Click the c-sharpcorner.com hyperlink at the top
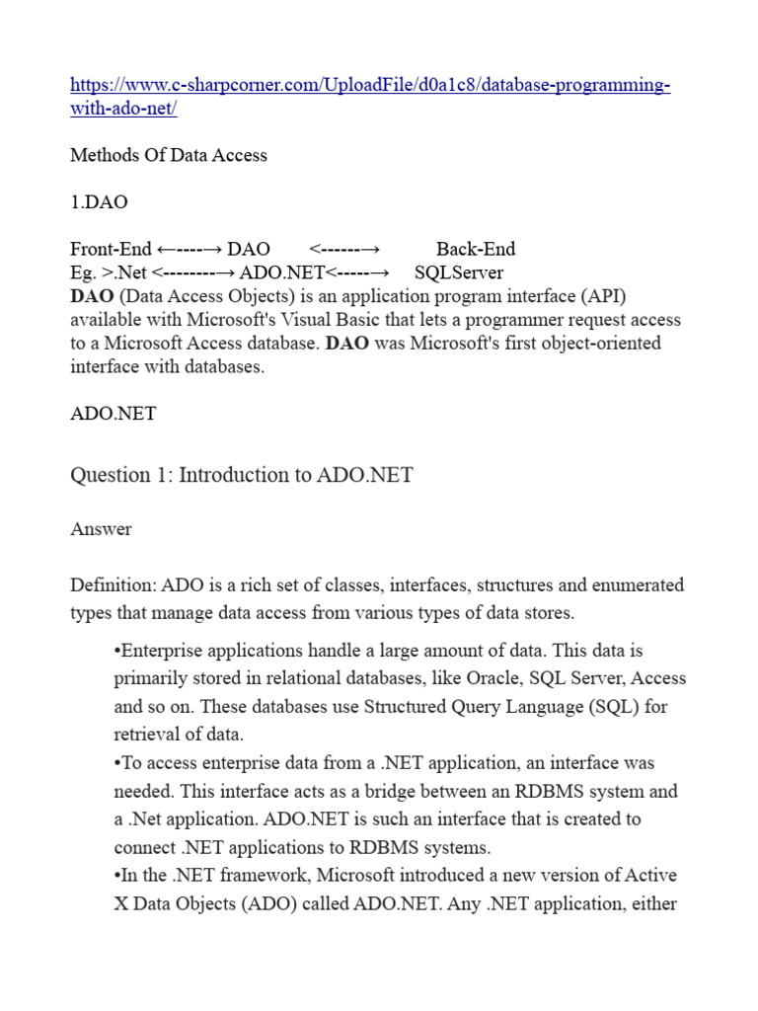pyautogui.click(x=370, y=86)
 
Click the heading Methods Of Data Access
pyautogui.click(x=169, y=155)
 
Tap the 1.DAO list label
pyautogui.click(x=99, y=202)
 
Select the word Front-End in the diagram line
pyautogui.click(x=111, y=249)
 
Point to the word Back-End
pyautogui.click(x=476, y=249)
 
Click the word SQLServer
pyautogui.click(x=459, y=272)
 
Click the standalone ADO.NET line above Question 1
pyautogui.click(x=114, y=414)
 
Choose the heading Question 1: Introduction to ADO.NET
pyautogui.click(x=242, y=475)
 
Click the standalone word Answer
pyautogui.click(x=101, y=529)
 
